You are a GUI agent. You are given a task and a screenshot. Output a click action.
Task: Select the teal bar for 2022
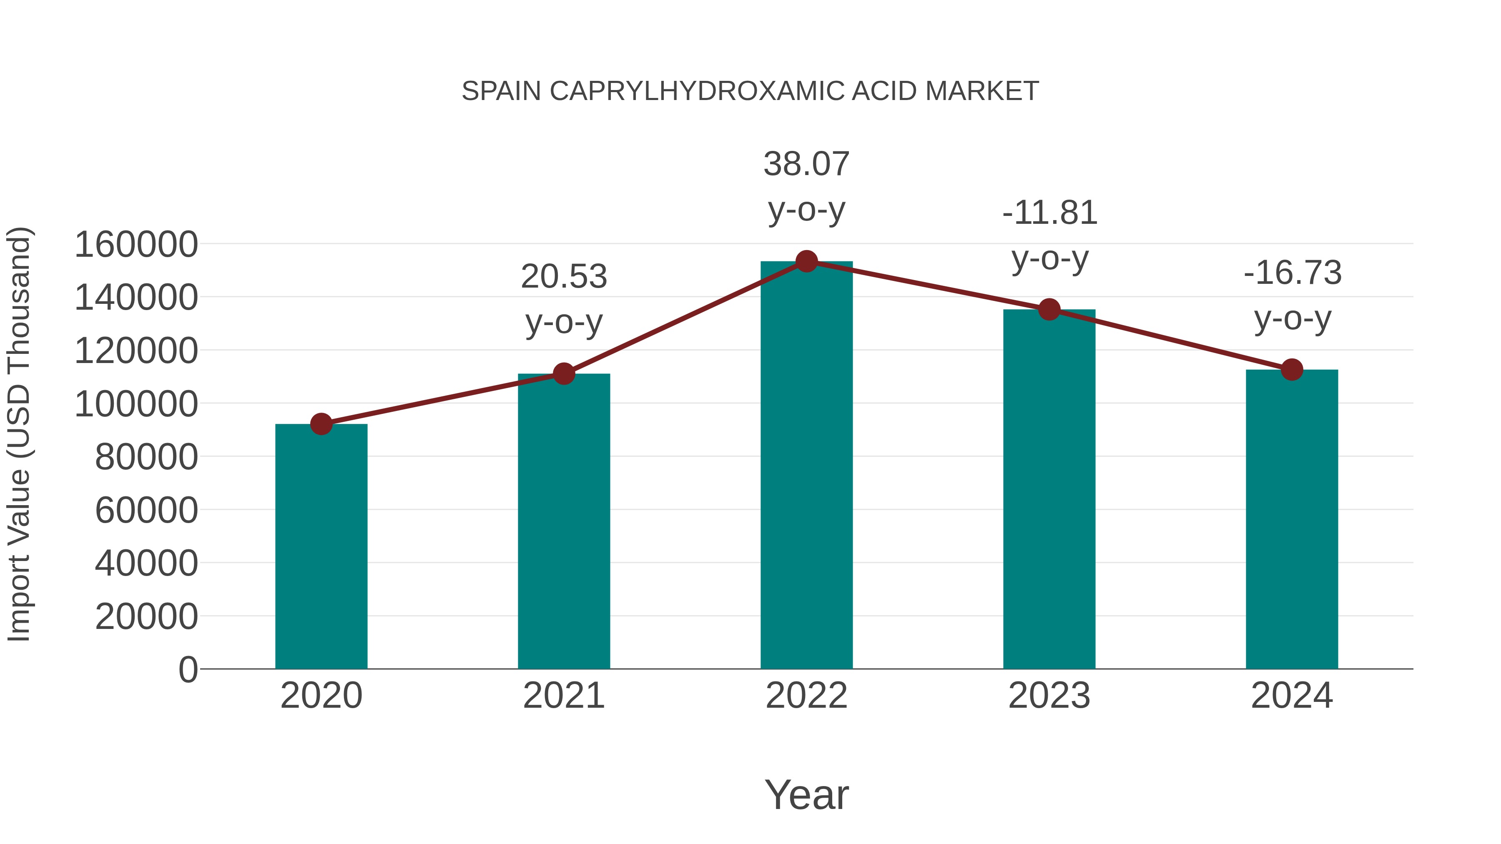(806, 466)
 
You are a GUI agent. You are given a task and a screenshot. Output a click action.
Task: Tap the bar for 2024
(1292, 518)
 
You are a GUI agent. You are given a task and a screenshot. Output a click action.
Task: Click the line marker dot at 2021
(563, 373)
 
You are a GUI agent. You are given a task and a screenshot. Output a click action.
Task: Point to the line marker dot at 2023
(1049, 309)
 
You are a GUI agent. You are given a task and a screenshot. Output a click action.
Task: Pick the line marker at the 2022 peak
(806, 261)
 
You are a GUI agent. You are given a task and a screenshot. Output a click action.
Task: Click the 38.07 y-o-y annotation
(806, 186)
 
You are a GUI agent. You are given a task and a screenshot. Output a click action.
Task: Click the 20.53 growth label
(563, 298)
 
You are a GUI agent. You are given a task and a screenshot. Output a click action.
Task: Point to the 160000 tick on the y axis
(136, 245)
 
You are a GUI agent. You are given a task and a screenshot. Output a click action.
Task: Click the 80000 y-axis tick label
(146, 457)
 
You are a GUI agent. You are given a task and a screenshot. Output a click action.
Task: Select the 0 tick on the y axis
(188, 670)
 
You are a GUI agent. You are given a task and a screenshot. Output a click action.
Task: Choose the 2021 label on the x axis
(563, 696)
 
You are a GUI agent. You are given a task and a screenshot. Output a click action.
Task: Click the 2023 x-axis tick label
(1049, 696)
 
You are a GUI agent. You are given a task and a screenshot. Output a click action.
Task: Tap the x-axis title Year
(806, 794)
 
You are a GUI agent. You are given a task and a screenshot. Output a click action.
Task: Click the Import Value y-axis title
(19, 434)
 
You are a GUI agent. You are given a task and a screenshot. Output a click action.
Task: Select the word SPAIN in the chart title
(501, 91)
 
